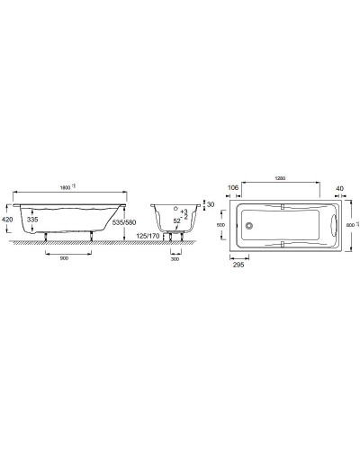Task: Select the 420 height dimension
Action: pos(8,219)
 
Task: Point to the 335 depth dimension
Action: pos(33,219)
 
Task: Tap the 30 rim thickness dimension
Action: pos(211,205)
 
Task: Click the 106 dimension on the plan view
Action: pos(233,187)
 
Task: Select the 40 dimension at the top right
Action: pos(340,187)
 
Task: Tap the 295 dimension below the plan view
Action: pos(238,265)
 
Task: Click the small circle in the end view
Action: pos(175,219)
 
